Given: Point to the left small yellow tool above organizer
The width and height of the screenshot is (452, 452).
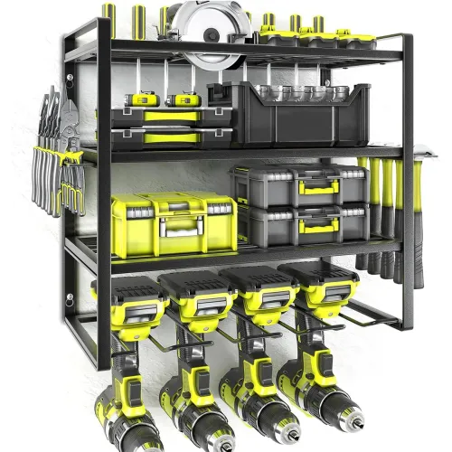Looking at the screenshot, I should (x=145, y=99).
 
